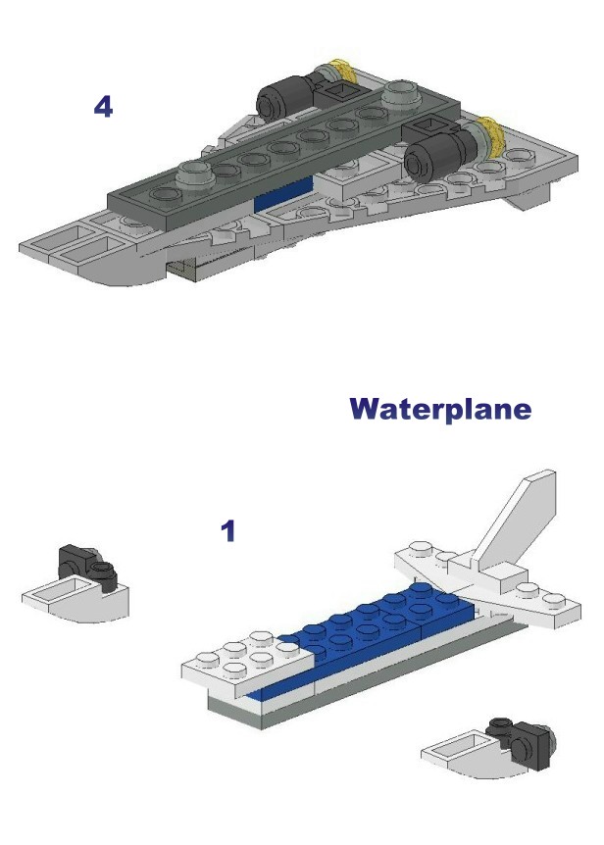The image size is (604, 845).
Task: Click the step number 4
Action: point(103,106)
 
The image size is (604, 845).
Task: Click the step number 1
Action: point(228,530)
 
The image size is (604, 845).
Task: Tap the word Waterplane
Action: point(440,409)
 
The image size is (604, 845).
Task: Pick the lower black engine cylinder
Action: point(436,155)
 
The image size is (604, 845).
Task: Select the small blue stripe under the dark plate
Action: point(282,195)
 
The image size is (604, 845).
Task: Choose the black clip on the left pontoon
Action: point(87,568)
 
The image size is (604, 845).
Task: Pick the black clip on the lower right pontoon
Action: point(520,741)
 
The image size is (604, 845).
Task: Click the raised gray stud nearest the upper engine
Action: point(401,94)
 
